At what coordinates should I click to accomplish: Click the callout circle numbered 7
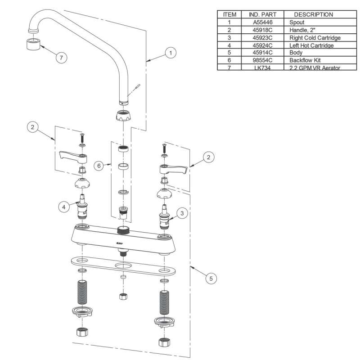61,58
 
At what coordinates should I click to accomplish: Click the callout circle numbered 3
181,213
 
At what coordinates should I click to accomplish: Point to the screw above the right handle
164,147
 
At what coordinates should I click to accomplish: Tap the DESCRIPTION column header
313,14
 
